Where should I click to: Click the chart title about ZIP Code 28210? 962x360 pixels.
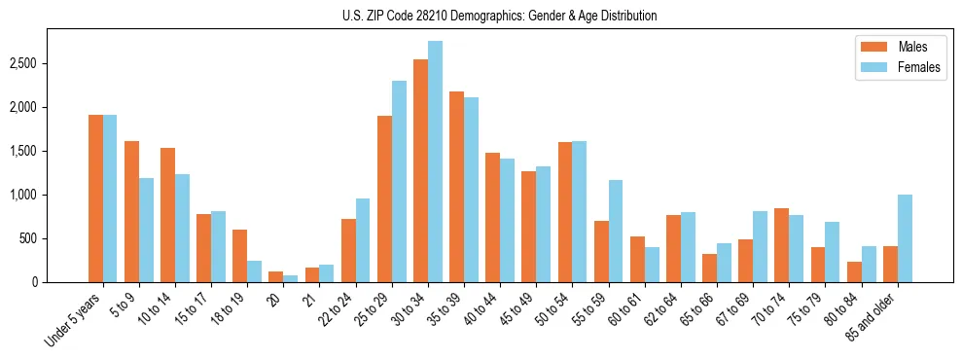click(500, 16)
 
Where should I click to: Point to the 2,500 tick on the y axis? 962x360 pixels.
click(24, 63)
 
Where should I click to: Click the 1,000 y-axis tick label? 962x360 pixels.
click(24, 195)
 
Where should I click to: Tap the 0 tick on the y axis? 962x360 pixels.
click(35, 282)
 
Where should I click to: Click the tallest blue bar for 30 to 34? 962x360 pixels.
click(435, 162)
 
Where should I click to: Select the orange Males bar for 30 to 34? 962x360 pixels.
click(420, 171)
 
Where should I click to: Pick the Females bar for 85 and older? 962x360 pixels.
click(905, 238)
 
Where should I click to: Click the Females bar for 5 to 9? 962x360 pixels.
click(146, 231)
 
